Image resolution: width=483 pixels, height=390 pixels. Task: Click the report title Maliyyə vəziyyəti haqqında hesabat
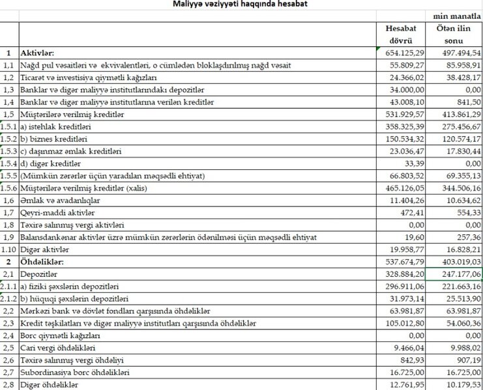point(241,5)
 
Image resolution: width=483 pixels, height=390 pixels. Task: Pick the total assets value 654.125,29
point(405,53)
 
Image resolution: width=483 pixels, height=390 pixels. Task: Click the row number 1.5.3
point(10,152)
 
